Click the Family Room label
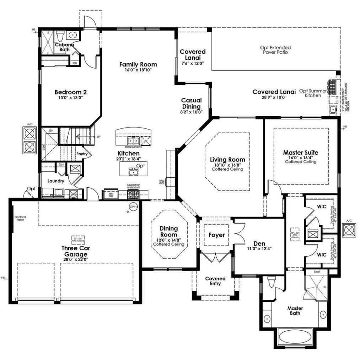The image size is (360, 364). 138,64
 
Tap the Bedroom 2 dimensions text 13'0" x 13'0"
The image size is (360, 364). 70,97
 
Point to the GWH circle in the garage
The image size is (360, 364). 133,207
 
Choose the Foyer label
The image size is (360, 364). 216,235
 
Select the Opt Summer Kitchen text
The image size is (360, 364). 313,93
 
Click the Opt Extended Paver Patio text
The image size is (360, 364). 275,50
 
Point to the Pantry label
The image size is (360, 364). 82,154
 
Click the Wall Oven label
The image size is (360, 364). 162,182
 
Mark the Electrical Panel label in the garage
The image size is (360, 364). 20,218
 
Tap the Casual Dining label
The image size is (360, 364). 191,103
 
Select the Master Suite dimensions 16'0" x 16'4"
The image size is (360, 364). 300,157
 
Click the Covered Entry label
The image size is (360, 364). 215,281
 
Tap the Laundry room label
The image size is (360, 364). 56,181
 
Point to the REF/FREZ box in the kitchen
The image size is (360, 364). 111,194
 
